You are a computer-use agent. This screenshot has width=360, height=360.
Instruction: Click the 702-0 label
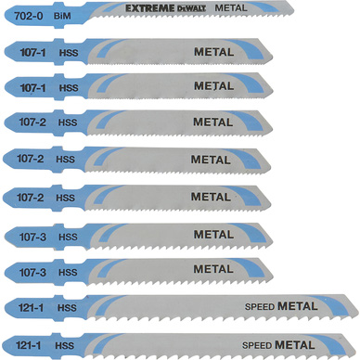coord(29,16)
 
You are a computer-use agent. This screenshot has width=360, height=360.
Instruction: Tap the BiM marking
coord(62,16)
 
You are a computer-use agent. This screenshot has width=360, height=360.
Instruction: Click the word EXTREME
coord(150,8)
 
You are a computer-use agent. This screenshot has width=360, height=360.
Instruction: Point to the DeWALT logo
coord(191,8)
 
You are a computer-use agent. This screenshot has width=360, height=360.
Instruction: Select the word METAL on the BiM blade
coord(231,8)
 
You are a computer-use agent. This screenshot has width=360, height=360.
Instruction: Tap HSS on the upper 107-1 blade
coord(69,53)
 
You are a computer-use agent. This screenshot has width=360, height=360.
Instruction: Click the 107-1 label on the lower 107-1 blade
coord(32,88)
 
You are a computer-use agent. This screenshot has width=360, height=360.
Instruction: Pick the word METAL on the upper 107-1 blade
coord(213,52)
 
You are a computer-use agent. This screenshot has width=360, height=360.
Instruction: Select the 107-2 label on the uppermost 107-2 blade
coord(32,122)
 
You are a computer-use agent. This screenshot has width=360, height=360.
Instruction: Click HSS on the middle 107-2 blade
coord(65,160)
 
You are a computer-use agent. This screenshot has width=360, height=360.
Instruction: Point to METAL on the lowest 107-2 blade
coord(211,197)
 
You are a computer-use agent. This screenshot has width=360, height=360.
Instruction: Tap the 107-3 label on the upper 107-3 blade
coord(32,238)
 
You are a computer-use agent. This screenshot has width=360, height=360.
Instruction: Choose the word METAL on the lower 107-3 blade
coord(213,269)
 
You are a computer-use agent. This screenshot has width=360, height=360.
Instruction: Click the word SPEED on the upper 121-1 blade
coord(260,307)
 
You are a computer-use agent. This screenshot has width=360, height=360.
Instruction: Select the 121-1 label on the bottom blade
coord(28,345)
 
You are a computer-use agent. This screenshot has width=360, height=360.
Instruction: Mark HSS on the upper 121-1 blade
coord(67,308)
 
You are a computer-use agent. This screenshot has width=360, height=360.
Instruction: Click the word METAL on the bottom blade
coord(295,344)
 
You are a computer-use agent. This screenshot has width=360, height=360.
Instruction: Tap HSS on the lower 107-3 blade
coord(68,273)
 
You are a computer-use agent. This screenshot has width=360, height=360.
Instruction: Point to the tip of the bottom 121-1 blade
coord(355,352)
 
